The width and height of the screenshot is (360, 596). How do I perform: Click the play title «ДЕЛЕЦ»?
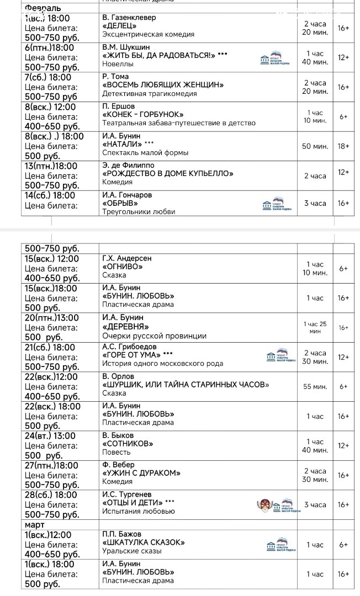119,26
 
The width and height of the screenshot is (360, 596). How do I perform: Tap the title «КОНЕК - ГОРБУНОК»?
143,115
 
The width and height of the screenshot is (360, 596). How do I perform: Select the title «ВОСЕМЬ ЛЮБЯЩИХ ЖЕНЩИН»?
163,85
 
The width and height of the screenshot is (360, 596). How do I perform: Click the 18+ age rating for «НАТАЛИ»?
343,146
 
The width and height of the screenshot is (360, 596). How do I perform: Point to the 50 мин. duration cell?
316,146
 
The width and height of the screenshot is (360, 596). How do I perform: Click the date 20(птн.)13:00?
52,318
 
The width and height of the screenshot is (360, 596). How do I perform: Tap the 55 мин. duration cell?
315,387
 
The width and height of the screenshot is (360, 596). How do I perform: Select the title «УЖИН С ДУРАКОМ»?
141,473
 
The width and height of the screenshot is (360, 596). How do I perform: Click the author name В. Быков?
118,435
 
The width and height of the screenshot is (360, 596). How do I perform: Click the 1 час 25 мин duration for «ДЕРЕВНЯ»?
315,328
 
